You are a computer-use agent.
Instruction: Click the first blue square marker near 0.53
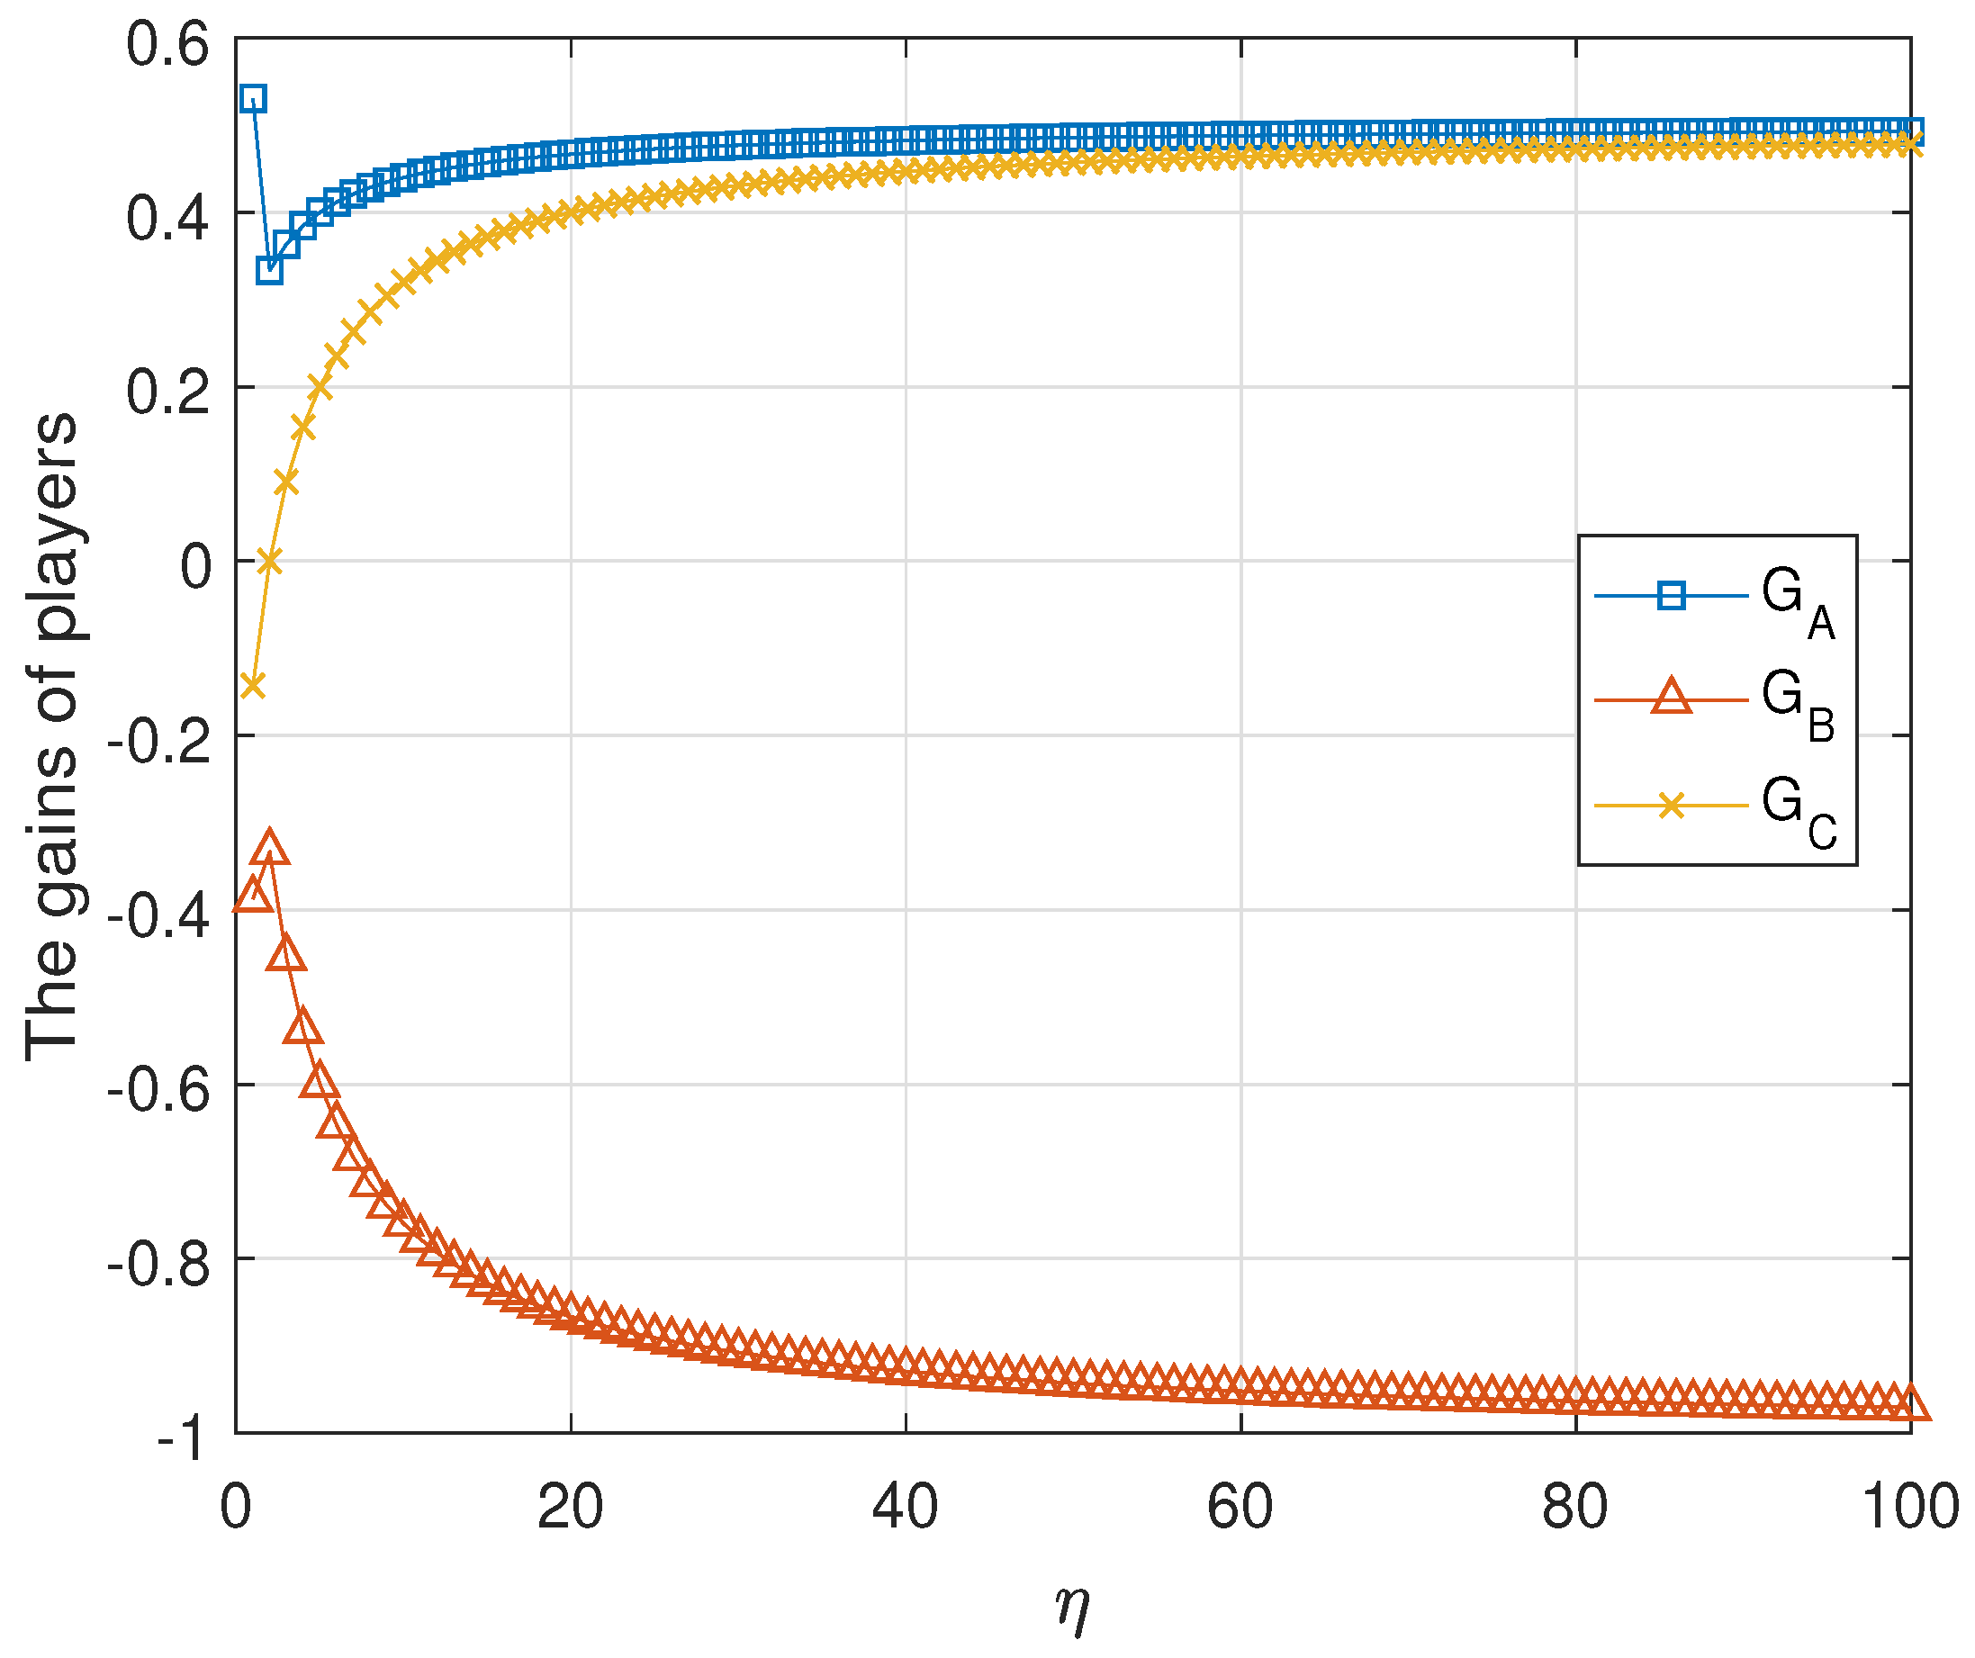pyautogui.click(x=252, y=99)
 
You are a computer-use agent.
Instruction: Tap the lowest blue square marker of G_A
pyautogui.click(x=269, y=271)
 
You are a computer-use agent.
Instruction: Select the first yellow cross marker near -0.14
pyautogui.click(x=252, y=685)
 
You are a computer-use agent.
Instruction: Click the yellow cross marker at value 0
pyautogui.click(x=269, y=562)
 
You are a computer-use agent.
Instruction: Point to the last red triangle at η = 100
pyautogui.click(x=1910, y=1404)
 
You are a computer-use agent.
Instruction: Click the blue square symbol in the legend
pyautogui.click(x=1672, y=596)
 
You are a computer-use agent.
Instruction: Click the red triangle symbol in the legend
pyautogui.click(x=1672, y=698)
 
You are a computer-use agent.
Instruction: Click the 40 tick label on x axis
pyautogui.click(x=905, y=1507)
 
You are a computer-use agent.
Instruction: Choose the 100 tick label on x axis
pyautogui.click(x=1909, y=1507)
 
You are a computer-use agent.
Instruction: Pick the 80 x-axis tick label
pyautogui.click(x=1575, y=1507)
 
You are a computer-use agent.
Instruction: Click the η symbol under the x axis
pyautogui.click(x=1072, y=1608)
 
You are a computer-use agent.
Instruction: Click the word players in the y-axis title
pyautogui.click(x=55, y=527)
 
